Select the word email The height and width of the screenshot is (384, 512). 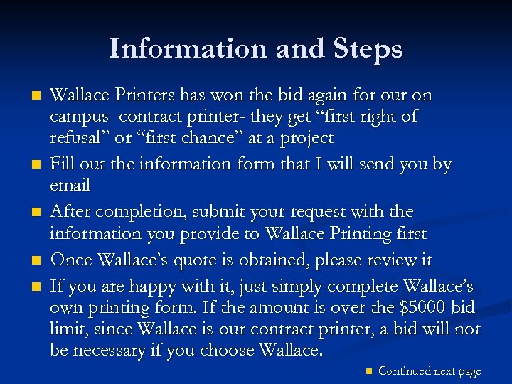click(70, 186)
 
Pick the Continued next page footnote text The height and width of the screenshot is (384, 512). click(430, 370)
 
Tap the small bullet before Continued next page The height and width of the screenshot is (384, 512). click(367, 370)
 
